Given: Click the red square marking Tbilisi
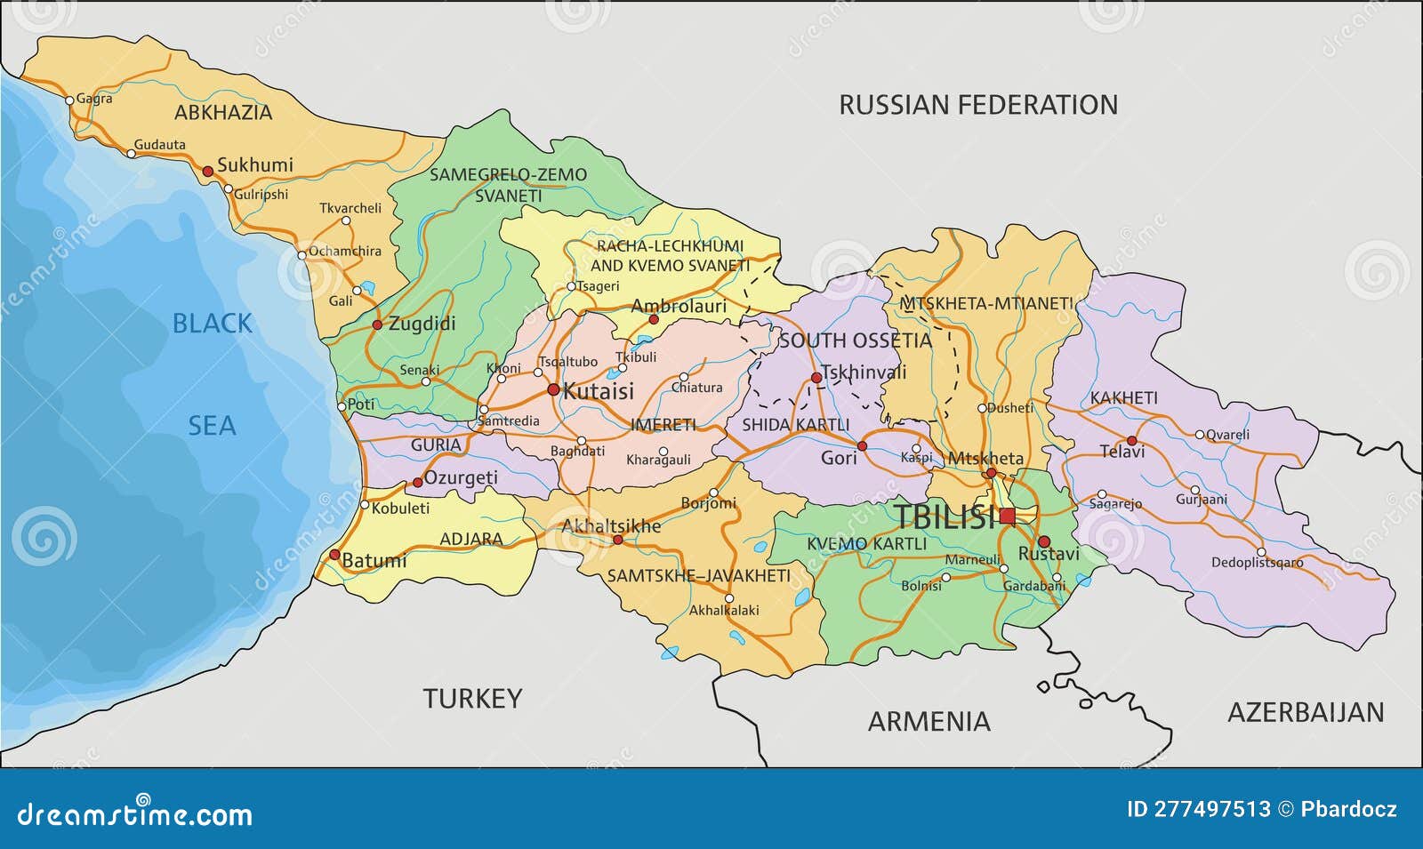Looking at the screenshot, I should point(1007,517).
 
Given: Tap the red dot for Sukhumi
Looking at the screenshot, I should point(207,170).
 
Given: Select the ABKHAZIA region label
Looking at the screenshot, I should point(223,113).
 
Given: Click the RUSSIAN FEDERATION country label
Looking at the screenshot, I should point(978,105).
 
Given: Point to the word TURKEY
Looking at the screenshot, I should point(472,699).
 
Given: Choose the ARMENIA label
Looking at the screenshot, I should point(929,721).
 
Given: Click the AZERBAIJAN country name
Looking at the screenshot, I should point(1306,712).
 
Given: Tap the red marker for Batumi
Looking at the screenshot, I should point(334,555).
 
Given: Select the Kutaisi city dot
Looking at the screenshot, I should point(553,389).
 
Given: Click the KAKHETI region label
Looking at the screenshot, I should point(1124,398).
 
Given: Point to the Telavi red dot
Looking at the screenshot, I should point(1131,440).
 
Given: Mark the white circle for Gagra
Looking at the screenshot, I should point(70,100).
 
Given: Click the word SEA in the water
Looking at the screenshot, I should point(212,426).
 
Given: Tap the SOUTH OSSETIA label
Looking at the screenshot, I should point(855,340).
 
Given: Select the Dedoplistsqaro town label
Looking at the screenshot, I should point(1257,563).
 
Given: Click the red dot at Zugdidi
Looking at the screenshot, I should point(376,325).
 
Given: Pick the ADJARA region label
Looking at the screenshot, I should point(471,539).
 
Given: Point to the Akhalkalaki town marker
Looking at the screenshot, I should point(729,598).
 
